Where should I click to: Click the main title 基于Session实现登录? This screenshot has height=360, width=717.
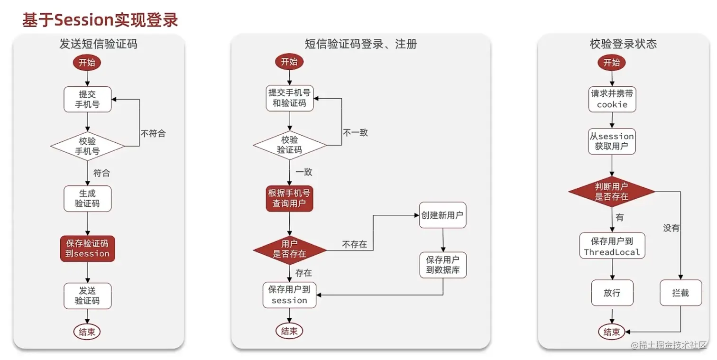100,20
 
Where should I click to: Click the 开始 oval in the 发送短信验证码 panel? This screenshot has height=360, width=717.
87,62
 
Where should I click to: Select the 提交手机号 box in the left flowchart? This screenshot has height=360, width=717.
88,99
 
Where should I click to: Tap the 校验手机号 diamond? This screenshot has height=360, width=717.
88,146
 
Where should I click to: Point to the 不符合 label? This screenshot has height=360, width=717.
153,133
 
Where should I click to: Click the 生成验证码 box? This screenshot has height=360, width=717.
88,198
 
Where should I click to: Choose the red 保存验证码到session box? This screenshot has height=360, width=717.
88,248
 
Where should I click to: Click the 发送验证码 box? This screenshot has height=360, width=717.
88,295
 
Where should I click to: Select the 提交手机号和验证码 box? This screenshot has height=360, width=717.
289,98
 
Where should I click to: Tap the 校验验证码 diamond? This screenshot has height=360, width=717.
290,145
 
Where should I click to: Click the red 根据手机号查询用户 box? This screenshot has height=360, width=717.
289,198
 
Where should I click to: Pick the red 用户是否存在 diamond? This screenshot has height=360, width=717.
290,249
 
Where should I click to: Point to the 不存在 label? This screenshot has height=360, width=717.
354,244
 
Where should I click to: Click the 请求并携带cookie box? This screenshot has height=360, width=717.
612,99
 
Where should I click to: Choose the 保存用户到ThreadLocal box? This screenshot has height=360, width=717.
612,246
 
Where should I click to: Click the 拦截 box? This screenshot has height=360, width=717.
680,293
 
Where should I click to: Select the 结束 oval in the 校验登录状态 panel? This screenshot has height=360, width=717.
612,332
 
